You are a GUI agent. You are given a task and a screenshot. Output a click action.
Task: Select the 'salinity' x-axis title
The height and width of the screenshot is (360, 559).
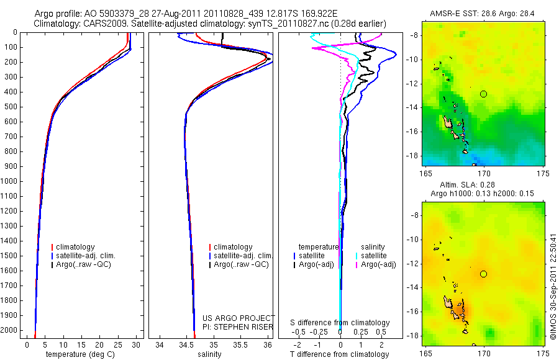click(x=209, y=354)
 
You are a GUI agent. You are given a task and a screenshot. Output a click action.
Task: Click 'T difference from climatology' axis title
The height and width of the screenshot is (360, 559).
click(x=339, y=354)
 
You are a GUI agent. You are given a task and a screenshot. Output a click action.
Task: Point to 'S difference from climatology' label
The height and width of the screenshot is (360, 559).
click(x=340, y=323)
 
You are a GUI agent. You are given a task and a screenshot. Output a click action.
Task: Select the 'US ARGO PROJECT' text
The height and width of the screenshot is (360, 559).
click(x=235, y=318)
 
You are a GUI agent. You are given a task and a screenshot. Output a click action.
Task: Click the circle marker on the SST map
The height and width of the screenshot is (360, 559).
click(x=483, y=94)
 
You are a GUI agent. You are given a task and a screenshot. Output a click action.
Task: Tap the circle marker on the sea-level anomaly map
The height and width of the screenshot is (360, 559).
click(x=483, y=274)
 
